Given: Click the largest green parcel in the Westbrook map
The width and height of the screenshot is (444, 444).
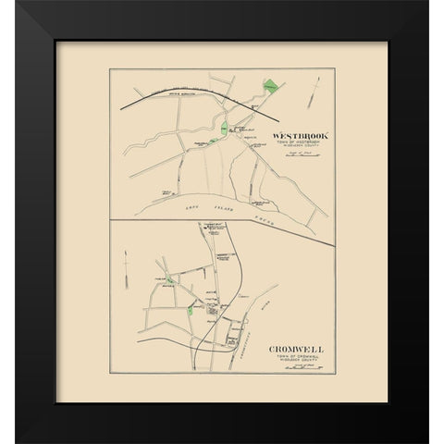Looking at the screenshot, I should [x=269, y=87].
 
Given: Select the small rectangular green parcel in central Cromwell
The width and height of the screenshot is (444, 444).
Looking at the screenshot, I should [x=191, y=312].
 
